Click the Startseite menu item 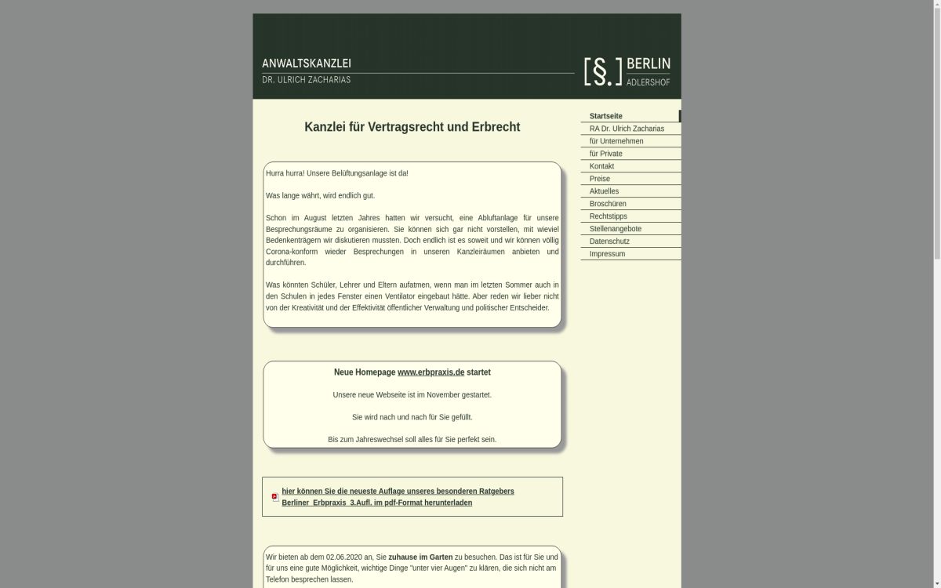pyautogui.click(x=606, y=116)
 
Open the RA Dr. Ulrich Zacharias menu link pyautogui.click(x=627, y=129)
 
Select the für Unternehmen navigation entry pyautogui.click(x=616, y=141)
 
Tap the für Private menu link pyautogui.click(x=605, y=154)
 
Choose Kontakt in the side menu pyautogui.click(x=601, y=166)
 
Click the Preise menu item pyautogui.click(x=600, y=179)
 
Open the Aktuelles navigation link pyautogui.click(x=604, y=191)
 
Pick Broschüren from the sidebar pyautogui.click(x=608, y=204)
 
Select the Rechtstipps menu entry pyautogui.click(x=609, y=216)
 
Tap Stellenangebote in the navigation pyautogui.click(x=616, y=229)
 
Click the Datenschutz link pyautogui.click(x=609, y=241)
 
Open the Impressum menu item pyautogui.click(x=607, y=254)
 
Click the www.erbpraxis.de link pyautogui.click(x=431, y=372)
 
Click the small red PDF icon pyautogui.click(x=275, y=497)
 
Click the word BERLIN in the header pyautogui.click(x=649, y=64)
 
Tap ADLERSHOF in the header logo pyautogui.click(x=649, y=82)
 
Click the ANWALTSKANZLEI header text pyautogui.click(x=307, y=63)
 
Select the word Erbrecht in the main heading pyautogui.click(x=493, y=127)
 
